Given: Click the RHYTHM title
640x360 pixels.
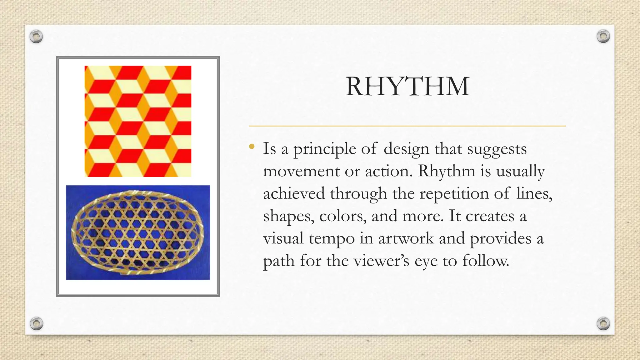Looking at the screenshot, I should coord(407,87).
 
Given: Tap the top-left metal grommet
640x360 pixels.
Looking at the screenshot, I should coord(36,37).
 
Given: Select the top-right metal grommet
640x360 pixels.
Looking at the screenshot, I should coord(603,36).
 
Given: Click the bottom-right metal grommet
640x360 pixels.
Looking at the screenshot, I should coord(603,323).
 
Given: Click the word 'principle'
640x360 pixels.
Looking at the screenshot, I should coord(324,149).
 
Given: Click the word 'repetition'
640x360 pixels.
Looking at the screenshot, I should coord(454,194).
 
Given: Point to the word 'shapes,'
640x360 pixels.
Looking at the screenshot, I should coord(289,216).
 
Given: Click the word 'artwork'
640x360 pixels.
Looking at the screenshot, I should coord(406,238).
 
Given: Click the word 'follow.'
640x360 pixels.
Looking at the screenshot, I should coord(486,261).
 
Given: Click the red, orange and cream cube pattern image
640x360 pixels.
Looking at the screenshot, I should coord(138,121).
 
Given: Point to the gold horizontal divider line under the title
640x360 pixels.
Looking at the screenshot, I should coord(407,126).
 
